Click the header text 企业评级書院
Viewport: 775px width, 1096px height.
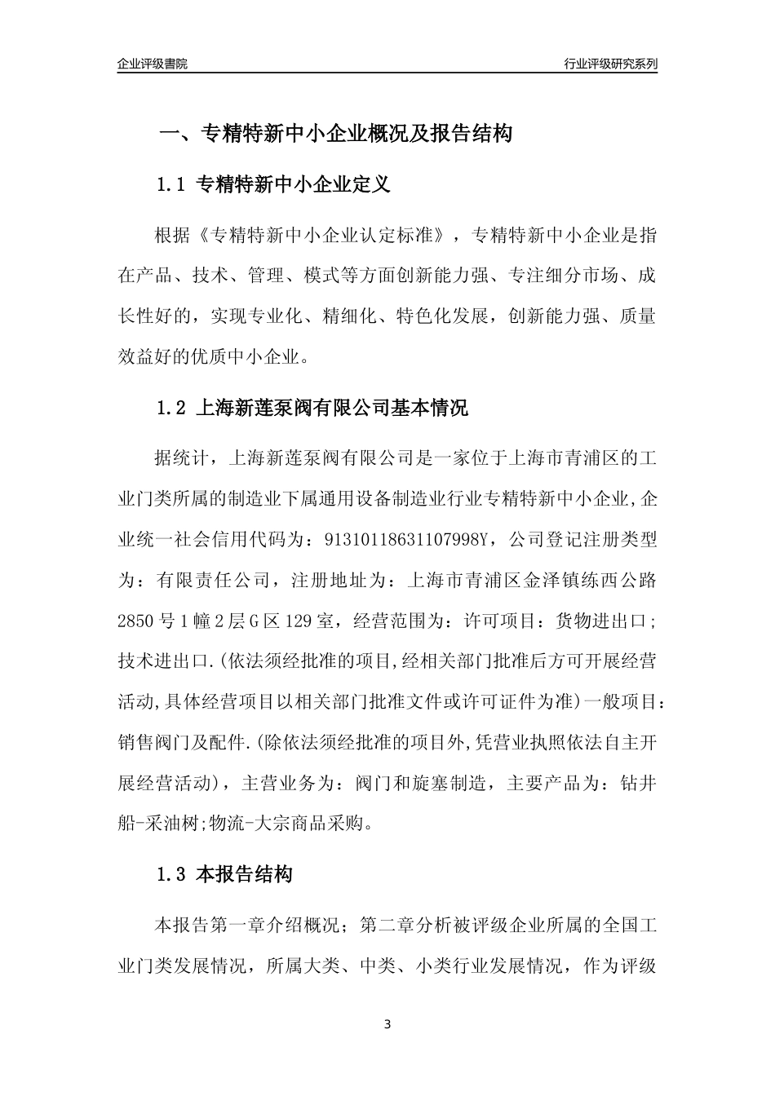click(x=153, y=64)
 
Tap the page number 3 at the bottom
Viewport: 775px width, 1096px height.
click(x=387, y=1023)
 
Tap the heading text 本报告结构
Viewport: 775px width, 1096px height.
click(x=245, y=876)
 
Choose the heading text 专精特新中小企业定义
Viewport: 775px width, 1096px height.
click(x=294, y=184)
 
